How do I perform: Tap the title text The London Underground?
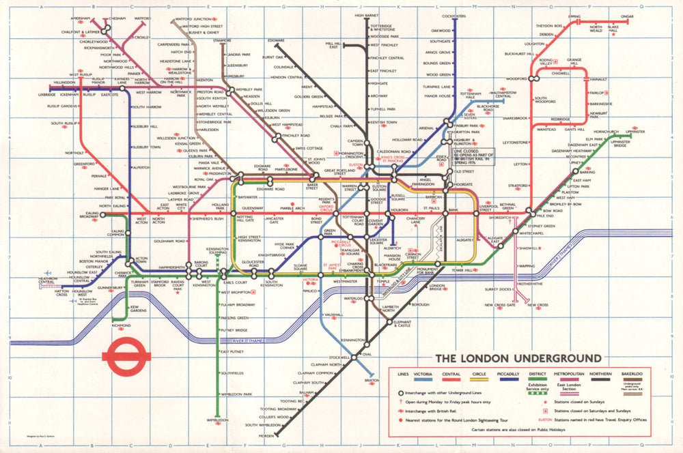518,358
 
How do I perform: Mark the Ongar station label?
627,16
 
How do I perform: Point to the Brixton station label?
372,380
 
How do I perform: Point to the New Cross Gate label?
500,305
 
